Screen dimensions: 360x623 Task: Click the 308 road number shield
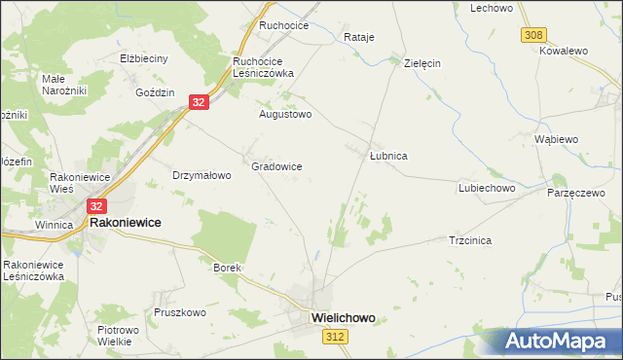532,35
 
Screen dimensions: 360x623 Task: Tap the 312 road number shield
336,336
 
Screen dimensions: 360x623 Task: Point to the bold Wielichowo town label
343,317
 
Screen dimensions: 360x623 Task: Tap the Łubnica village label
388,156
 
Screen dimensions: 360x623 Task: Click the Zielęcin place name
422,62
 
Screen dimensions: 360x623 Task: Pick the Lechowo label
492,8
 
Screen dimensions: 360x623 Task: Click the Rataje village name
359,37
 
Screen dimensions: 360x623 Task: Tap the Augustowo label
284,114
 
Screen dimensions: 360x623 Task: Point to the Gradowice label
276,166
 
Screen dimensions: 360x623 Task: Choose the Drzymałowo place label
202,175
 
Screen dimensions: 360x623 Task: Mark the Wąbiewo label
557,139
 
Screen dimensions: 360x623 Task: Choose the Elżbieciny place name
144,58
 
